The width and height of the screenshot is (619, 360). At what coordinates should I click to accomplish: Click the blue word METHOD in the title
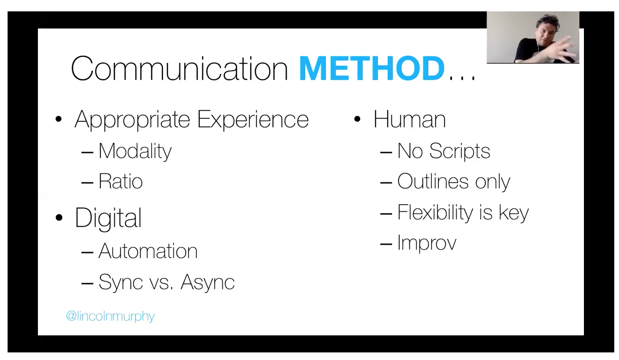(372, 68)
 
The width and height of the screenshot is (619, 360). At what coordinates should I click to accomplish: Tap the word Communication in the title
(180, 68)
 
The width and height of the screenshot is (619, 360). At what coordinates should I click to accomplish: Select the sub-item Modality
(135, 152)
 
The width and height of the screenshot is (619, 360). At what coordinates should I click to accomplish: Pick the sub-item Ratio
(121, 181)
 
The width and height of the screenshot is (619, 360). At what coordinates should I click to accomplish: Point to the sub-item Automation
(148, 251)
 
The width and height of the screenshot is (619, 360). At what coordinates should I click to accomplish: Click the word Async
(208, 282)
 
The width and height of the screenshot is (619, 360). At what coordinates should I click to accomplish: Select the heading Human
(410, 119)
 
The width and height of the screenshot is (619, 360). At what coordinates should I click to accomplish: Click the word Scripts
(460, 151)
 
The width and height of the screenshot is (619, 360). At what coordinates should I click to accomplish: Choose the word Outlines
(433, 181)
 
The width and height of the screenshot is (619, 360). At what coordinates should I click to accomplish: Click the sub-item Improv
(427, 243)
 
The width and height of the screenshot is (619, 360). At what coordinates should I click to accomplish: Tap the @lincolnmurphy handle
(110, 316)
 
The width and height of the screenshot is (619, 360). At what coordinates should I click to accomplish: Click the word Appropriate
(132, 120)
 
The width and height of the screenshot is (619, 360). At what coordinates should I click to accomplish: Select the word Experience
(253, 120)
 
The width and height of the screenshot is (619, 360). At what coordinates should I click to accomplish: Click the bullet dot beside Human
(357, 119)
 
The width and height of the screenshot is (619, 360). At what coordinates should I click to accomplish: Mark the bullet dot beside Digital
(59, 217)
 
